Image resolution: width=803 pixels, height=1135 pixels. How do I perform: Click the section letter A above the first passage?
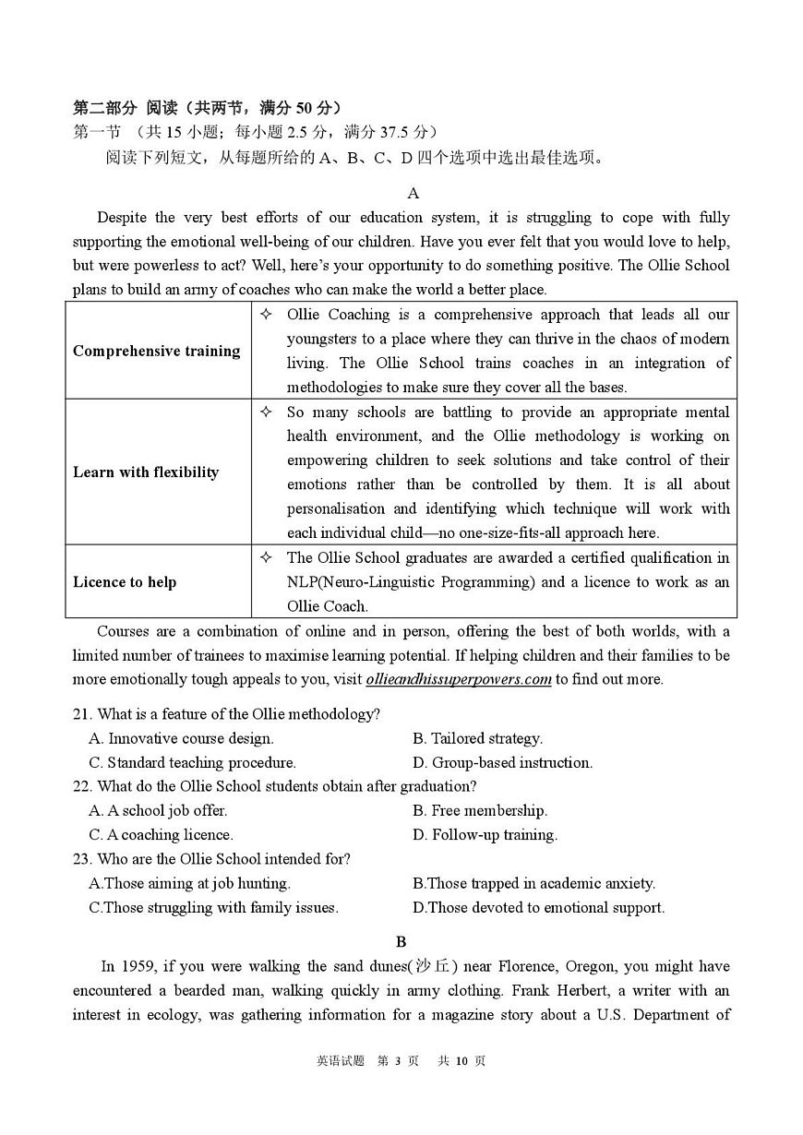click(413, 193)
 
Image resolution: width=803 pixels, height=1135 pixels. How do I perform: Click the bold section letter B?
click(401, 941)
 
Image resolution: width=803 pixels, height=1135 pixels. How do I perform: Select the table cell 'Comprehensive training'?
click(156, 351)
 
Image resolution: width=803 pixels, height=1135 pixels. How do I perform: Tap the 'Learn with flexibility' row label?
click(146, 472)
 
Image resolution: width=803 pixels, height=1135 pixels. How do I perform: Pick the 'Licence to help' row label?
click(125, 582)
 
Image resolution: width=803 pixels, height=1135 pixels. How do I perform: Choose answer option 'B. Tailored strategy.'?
click(477, 738)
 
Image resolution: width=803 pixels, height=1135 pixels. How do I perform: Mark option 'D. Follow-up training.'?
click(485, 834)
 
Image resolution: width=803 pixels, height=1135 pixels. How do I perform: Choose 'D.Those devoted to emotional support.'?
click(538, 907)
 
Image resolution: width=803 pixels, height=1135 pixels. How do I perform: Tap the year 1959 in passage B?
click(134, 966)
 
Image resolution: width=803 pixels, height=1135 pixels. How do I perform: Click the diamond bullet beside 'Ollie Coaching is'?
click(266, 315)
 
